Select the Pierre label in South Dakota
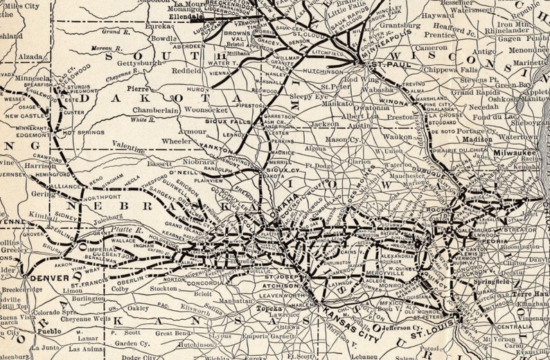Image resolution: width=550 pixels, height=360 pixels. [x=139, y=89]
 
